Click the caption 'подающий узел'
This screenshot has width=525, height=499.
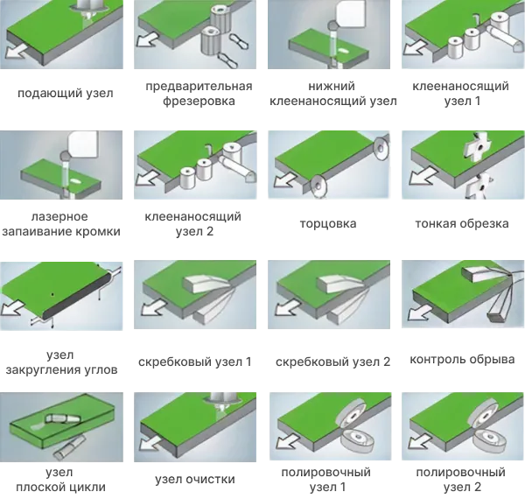coord(66,93)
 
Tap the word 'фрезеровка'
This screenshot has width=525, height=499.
coord(199,101)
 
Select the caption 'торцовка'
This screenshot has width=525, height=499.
coord(328,223)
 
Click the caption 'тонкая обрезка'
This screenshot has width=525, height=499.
coord(462,223)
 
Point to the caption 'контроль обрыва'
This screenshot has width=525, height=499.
coord(462,359)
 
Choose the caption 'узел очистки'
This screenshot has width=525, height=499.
coord(195,479)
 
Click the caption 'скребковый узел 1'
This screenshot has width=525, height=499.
coord(195,362)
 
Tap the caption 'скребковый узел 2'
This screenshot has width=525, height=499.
coord(333,362)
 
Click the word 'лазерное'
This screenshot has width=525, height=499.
coord(59,216)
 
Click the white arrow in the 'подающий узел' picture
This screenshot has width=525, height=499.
coord(16,52)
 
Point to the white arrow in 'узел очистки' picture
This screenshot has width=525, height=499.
coord(150,442)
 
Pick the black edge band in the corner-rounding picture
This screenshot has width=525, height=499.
coord(78,295)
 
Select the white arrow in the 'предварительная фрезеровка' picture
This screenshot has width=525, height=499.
coord(149,39)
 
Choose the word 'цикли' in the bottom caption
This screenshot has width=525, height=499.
coord(88,488)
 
